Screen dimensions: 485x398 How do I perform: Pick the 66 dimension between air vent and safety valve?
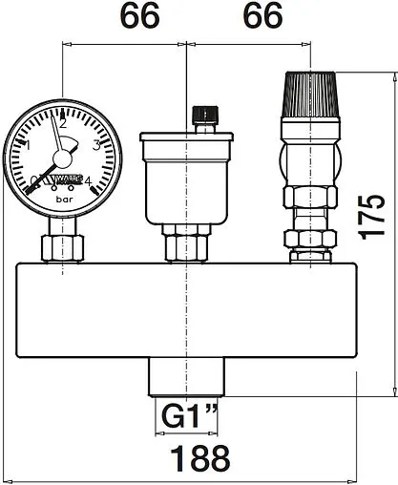click(x=255, y=18)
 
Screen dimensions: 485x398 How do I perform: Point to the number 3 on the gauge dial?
click(x=95, y=146)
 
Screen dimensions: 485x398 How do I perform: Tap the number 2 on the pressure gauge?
click(x=62, y=122)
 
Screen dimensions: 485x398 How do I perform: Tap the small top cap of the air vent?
click(x=201, y=119)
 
